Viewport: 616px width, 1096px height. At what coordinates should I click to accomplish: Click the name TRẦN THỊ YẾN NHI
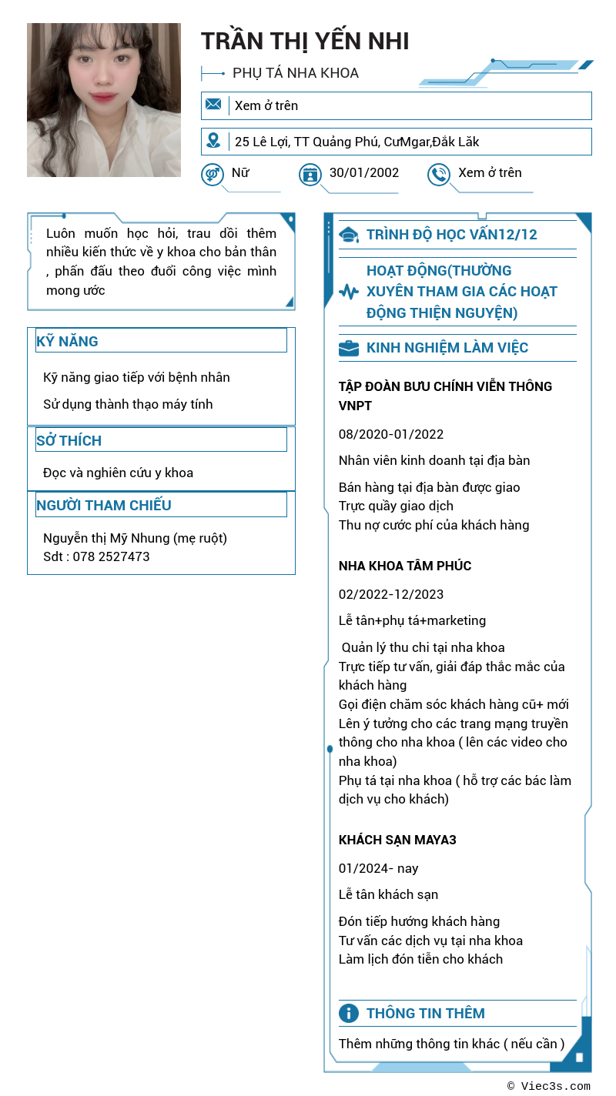pyautogui.click(x=305, y=41)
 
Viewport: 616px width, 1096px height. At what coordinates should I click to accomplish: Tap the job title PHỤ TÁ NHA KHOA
pyautogui.click(x=296, y=73)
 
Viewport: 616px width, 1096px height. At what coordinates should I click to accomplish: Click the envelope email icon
pyautogui.click(x=213, y=105)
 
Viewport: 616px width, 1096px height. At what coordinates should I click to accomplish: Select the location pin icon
pyautogui.click(x=213, y=141)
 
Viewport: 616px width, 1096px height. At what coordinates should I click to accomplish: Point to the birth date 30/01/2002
pyautogui.click(x=364, y=172)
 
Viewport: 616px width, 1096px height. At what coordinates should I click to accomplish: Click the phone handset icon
pyautogui.click(x=438, y=175)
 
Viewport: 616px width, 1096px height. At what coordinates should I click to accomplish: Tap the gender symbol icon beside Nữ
pyautogui.click(x=212, y=175)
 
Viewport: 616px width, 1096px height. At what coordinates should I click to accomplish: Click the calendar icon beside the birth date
pyautogui.click(x=310, y=175)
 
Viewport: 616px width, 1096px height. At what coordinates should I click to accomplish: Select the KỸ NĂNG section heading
pyautogui.click(x=67, y=341)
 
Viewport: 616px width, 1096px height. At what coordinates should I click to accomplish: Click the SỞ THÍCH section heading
pyautogui.click(x=69, y=440)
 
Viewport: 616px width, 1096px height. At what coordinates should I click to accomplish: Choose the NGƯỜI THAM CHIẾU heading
pyautogui.click(x=104, y=505)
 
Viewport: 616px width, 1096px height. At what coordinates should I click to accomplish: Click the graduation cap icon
pyautogui.click(x=349, y=235)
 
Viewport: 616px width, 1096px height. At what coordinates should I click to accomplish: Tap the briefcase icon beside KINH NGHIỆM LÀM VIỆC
pyautogui.click(x=349, y=348)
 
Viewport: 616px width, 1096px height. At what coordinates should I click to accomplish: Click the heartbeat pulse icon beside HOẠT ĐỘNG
pyautogui.click(x=349, y=292)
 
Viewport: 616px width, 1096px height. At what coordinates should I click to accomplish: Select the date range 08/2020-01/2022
pyautogui.click(x=391, y=434)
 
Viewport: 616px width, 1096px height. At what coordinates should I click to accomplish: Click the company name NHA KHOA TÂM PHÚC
pyautogui.click(x=405, y=566)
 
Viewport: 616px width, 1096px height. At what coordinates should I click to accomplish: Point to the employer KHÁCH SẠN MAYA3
pyautogui.click(x=397, y=840)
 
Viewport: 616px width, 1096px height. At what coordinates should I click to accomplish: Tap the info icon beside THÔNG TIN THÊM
pyautogui.click(x=349, y=1013)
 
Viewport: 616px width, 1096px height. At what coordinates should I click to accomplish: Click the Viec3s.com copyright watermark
pyautogui.click(x=549, y=1086)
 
